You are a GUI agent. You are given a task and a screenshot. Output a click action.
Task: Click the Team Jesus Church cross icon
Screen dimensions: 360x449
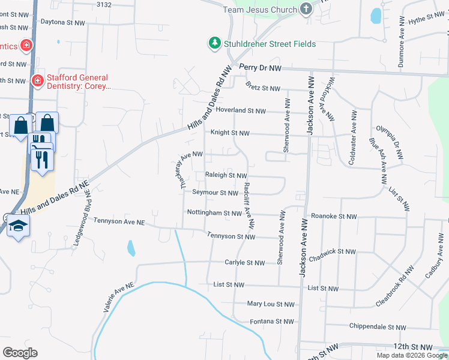click(x=306, y=9)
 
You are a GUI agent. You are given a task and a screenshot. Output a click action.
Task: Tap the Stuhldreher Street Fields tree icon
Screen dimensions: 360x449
click(x=214, y=43)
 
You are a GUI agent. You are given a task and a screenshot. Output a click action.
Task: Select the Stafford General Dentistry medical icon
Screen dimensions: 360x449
click(x=37, y=80)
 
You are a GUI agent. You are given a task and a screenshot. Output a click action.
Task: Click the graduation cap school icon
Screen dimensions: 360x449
click(x=18, y=226)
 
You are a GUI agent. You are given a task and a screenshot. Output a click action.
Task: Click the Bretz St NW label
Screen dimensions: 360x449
click(x=263, y=88)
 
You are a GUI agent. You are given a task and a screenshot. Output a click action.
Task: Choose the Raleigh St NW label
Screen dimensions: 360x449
click(x=226, y=176)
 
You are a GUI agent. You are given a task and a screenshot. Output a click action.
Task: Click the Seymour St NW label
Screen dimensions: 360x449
click(x=215, y=193)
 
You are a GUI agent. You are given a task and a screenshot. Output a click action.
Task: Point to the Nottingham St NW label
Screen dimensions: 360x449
click(x=214, y=213)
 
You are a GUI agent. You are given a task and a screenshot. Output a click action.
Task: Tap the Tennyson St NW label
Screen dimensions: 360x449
click(x=231, y=236)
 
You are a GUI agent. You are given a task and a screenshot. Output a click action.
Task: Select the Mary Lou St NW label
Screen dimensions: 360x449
click(x=271, y=305)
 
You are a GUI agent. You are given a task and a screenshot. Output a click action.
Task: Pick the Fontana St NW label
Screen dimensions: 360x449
click(x=271, y=322)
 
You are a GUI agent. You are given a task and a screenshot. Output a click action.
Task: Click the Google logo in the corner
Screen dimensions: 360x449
click(x=20, y=353)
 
